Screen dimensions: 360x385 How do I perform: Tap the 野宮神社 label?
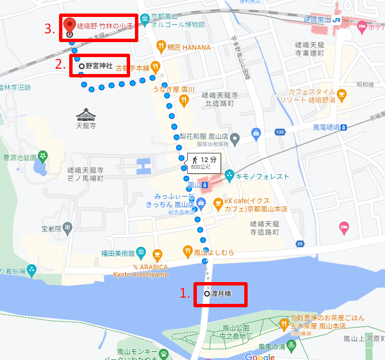coord(99,66)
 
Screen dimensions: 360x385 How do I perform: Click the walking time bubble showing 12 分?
coord(204,163)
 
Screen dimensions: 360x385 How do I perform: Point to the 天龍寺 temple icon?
coord(86,115)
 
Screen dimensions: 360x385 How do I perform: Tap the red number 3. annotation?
coord(49,29)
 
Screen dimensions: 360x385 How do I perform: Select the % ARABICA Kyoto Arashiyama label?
coord(141,270)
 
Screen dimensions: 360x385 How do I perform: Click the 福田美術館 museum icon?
coord(141,252)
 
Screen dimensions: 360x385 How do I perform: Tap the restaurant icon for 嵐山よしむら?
coord(188,251)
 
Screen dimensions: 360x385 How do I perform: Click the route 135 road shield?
coord(280,132)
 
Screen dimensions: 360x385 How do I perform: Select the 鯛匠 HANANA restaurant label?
coord(189,47)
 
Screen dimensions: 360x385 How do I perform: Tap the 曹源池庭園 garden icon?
coord(44,156)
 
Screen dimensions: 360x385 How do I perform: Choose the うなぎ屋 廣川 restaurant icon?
coord(183,100)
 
